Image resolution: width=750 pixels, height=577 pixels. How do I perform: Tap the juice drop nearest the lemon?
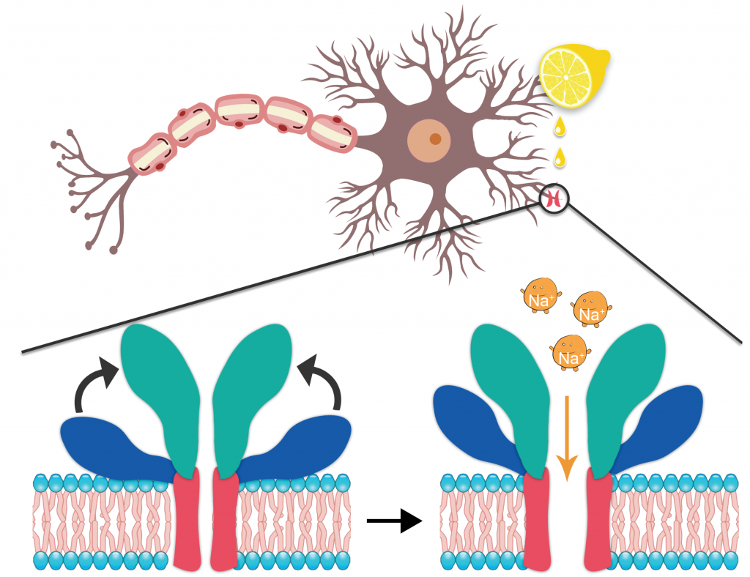tap(560, 126)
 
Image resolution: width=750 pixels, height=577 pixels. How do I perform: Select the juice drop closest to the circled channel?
tap(560, 157)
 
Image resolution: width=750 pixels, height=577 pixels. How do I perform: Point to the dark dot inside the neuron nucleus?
tap(435, 138)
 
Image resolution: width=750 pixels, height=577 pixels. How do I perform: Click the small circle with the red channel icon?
tap(554, 198)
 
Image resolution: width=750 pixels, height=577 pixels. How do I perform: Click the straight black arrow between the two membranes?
tap(394, 521)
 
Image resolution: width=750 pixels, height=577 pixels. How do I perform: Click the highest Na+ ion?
tap(540, 294)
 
